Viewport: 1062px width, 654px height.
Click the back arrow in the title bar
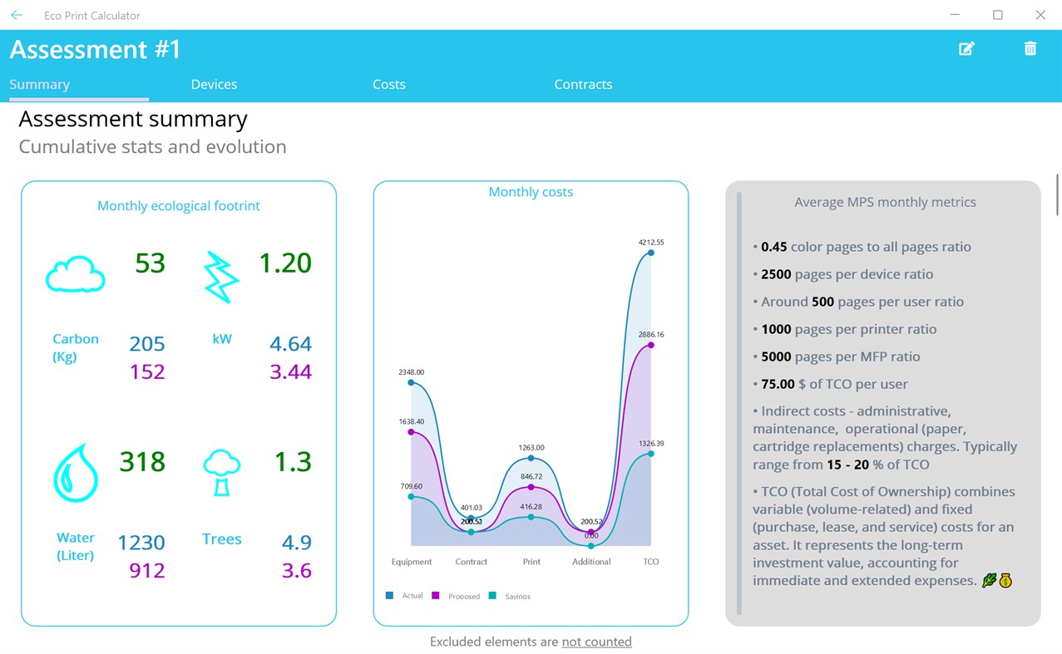[16, 15]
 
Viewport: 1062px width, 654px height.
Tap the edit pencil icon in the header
[966, 49]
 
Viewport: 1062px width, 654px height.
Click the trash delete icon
[1030, 49]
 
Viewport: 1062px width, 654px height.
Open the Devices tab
[214, 84]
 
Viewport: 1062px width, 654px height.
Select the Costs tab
[389, 84]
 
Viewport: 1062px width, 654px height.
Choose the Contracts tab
[583, 84]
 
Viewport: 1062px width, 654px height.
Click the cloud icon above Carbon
[75, 274]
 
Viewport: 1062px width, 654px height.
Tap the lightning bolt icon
[221, 277]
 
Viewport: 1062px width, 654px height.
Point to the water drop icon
[76, 473]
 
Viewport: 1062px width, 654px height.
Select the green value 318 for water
[142, 461]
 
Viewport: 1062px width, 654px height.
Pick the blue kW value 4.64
[290, 344]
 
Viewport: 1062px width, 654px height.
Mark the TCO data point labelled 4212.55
[650, 253]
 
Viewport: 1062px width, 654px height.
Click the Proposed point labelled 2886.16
[650, 345]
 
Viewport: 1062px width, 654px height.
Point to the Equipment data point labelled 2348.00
[412, 383]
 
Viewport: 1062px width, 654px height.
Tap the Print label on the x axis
[531, 562]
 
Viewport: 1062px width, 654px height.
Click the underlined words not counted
[596, 642]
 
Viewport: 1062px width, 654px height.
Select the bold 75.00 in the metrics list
[778, 384]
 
